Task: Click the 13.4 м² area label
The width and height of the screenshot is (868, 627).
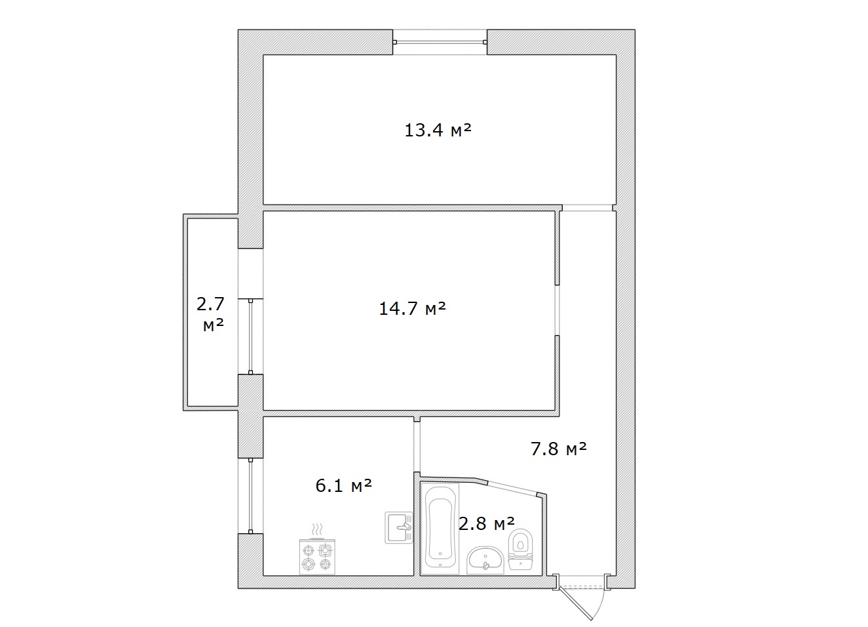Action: tap(438, 130)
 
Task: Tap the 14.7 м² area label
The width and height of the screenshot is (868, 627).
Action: tap(412, 309)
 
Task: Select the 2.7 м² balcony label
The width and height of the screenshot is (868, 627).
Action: tap(211, 314)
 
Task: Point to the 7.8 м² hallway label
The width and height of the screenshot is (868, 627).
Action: tap(558, 449)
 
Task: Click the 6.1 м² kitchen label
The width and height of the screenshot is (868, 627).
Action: tap(344, 486)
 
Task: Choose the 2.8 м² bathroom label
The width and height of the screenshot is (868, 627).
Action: tap(487, 524)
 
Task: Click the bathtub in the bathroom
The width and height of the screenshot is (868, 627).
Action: tap(441, 529)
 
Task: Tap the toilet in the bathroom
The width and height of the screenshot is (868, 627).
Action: tap(521, 549)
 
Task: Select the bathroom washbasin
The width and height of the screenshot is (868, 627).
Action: tap(485, 560)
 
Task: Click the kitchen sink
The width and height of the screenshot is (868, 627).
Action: tap(399, 528)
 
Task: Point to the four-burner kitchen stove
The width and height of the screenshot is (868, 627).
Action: tap(317, 557)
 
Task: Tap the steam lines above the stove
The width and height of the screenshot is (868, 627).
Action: tap(317, 529)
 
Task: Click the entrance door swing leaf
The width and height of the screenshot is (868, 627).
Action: tap(576, 603)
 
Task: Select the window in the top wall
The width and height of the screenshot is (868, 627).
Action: tap(440, 42)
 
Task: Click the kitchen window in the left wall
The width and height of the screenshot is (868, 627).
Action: tap(251, 496)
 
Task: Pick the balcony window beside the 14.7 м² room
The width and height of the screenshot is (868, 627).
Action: tap(251, 336)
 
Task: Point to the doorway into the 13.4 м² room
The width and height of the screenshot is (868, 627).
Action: tap(588, 208)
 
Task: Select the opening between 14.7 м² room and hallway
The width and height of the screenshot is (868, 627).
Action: tap(557, 310)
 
